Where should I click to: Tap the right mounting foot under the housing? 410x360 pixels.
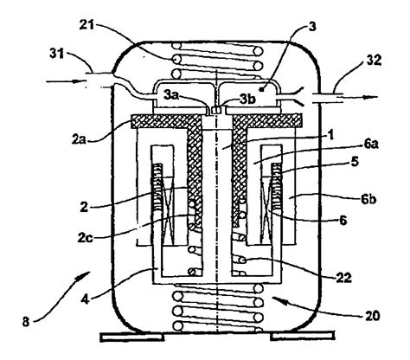282,335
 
